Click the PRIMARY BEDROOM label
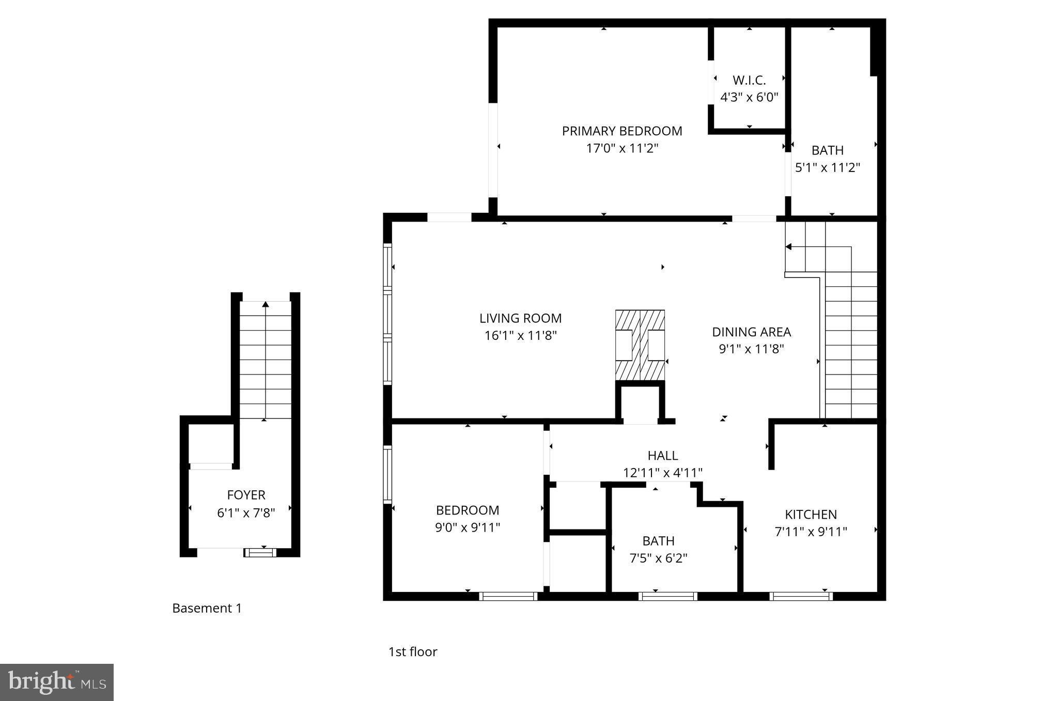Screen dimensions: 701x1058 pyautogui.click(x=621, y=131)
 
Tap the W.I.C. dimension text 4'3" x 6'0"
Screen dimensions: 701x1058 pyautogui.click(x=749, y=97)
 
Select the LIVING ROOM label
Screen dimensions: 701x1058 pyautogui.click(x=520, y=318)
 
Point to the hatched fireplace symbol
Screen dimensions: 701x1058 pyautogui.click(x=640, y=345)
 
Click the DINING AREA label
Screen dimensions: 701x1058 pyautogui.click(x=751, y=332)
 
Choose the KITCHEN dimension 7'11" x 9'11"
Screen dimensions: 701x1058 pyautogui.click(x=811, y=532)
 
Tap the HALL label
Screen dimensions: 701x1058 pyautogui.click(x=662, y=456)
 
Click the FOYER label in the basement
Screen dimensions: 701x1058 pyautogui.click(x=246, y=495)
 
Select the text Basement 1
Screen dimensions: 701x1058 pyautogui.click(x=207, y=608)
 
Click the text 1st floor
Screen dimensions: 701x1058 pyautogui.click(x=412, y=652)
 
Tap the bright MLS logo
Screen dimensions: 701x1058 pyautogui.click(x=56, y=682)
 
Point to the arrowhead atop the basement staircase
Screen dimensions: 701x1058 pyautogui.click(x=266, y=304)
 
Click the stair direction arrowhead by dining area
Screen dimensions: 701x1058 pyautogui.click(x=788, y=247)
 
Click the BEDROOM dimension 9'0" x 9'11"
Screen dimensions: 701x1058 pyautogui.click(x=468, y=527)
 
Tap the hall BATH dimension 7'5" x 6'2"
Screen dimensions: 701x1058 pyautogui.click(x=658, y=558)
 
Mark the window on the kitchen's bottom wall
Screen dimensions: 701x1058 pyautogui.click(x=801, y=596)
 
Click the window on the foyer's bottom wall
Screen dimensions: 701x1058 pyautogui.click(x=260, y=553)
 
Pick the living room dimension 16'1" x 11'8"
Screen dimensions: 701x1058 pyautogui.click(x=520, y=336)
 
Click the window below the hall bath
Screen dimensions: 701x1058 pyautogui.click(x=667, y=596)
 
